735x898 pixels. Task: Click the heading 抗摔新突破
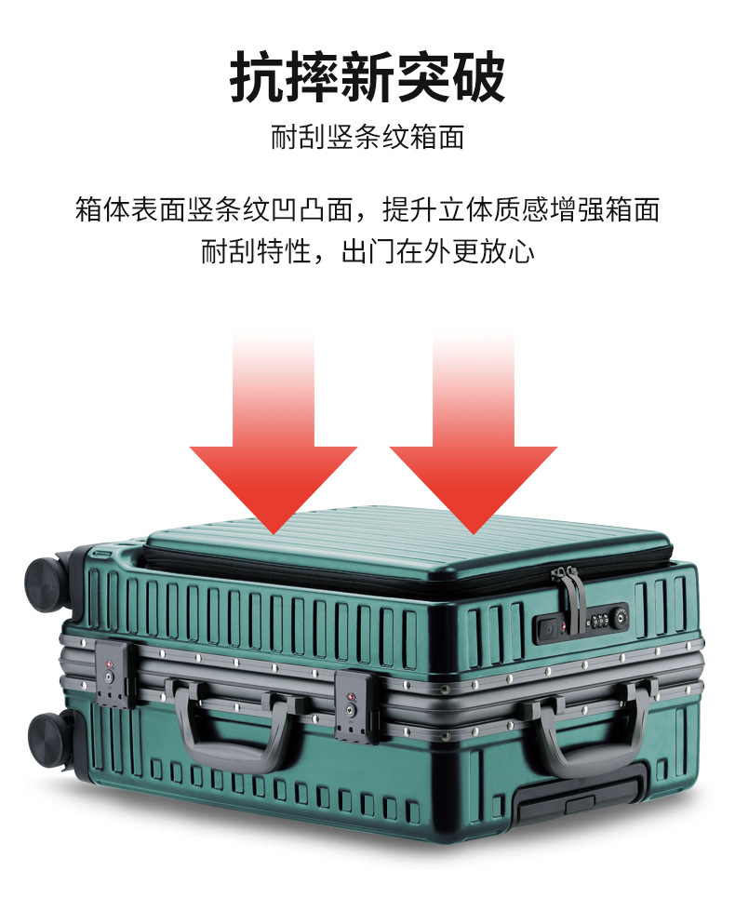click(x=367, y=76)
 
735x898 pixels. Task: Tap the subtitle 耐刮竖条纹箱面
click(x=367, y=138)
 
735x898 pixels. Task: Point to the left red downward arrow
click(x=274, y=434)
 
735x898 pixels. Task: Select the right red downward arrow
click(x=474, y=434)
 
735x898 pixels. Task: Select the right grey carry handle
click(x=590, y=728)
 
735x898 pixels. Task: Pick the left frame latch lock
click(x=115, y=674)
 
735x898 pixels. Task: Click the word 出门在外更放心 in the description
click(x=438, y=252)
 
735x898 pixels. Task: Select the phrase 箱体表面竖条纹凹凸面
click(x=215, y=209)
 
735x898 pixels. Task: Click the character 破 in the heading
click(x=478, y=76)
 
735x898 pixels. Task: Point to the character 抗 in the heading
click(x=257, y=76)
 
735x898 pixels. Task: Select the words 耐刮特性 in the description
click(x=256, y=252)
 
